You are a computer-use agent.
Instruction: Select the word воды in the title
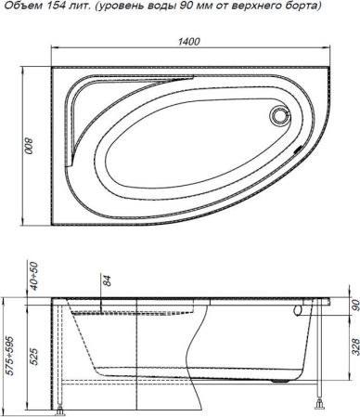point(162,7)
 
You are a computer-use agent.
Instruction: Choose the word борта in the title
point(307,7)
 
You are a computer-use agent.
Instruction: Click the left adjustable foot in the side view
point(62,406)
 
